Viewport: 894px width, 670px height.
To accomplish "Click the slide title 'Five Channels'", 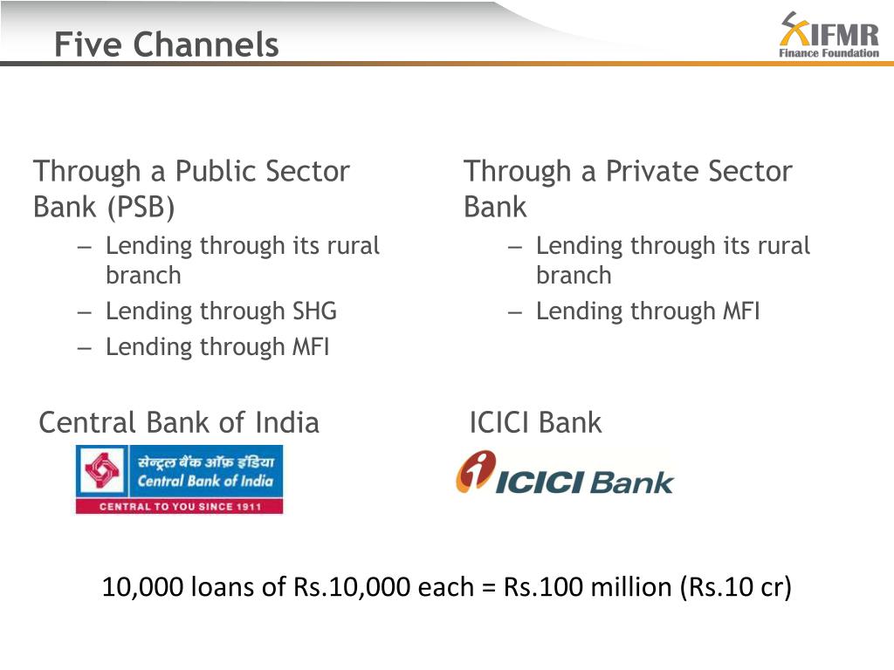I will (x=166, y=44).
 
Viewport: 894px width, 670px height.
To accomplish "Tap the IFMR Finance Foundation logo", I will (x=829, y=36).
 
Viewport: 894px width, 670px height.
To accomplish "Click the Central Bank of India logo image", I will (x=179, y=479).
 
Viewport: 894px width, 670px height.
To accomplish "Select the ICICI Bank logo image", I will (x=564, y=474).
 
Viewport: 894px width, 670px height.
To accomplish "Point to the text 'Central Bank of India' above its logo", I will (x=179, y=423).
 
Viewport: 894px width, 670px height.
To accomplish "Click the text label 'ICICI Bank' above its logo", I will (x=535, y=423).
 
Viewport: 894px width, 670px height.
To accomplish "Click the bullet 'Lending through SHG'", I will (x=221, y=311).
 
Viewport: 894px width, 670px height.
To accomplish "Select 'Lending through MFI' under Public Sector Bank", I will (x=217, y=346).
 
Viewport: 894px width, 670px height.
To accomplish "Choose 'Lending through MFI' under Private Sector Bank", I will (x=648, y=311).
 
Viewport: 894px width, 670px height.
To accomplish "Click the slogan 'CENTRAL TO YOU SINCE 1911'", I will (x=179, y=507).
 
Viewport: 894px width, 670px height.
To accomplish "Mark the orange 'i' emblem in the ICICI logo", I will (x=475, y=472).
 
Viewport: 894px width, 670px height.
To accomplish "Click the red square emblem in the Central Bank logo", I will (x=102, y=471).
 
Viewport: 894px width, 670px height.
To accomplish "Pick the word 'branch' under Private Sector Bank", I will (x=573, y=276).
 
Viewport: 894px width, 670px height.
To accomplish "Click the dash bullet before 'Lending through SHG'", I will (x=84, y=311).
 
